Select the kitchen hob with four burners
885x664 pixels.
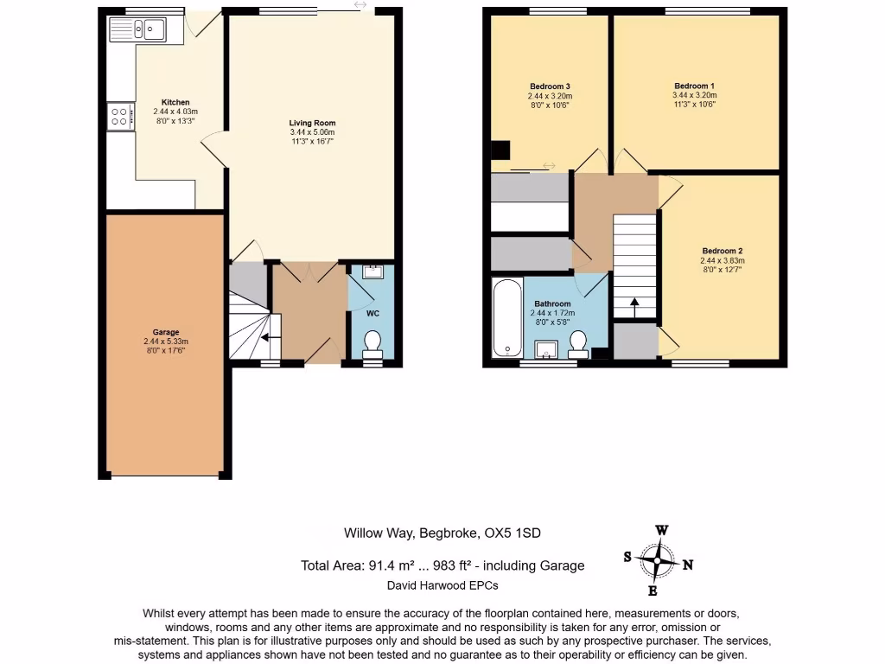(x=120, y=117)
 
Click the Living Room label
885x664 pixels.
(x=312, y=123)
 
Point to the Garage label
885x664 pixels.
(x=166, y=332)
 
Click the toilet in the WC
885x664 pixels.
(x=373, y=344)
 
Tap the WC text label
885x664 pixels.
(x=372, y=311)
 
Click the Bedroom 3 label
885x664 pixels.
(x=550, y=86)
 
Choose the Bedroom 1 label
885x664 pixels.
(x=695, y=86)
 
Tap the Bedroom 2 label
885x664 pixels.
(x=722, y=251)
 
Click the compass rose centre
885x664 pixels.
(x=658, y=560)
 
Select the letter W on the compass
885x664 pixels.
(x=661, y=530)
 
